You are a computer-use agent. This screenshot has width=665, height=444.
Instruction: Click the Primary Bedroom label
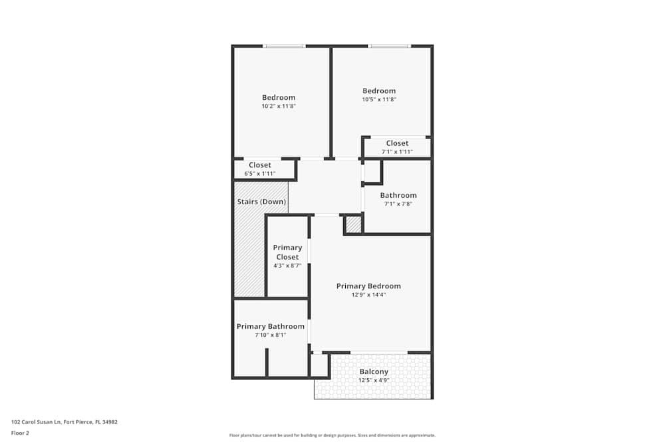tap(368, 286)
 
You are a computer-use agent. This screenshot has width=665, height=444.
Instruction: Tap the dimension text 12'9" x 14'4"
tap(368, 294)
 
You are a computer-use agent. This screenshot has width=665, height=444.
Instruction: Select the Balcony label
tap(374, 371)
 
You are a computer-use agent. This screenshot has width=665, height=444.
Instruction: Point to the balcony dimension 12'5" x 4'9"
tap(374, 380)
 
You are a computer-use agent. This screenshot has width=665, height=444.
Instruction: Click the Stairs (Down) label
tap(261, 202)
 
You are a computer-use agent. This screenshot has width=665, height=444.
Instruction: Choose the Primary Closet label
tap(287, 252)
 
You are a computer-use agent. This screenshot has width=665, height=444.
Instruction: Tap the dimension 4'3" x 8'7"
tap(287, 266)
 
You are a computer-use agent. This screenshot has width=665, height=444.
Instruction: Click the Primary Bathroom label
tap(271, 326)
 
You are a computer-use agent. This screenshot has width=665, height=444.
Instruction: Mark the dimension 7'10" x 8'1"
tap(270, 335)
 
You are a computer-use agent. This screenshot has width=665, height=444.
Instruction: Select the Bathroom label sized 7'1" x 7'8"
tap(398, 195)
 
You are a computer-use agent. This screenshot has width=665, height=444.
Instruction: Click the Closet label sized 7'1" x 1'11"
tap(397, 143)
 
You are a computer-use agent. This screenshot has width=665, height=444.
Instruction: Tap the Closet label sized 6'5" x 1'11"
tap(259, 165)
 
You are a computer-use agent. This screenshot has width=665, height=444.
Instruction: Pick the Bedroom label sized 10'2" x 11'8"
tap(279, 97)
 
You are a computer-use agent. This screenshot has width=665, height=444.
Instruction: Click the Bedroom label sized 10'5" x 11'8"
tap(379, 91)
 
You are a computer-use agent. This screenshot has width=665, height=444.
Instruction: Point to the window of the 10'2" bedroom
tap(284, 46)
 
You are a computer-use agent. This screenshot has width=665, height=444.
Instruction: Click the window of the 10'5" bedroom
tap(390, 46)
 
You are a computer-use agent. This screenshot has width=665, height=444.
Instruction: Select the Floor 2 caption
tap(20, 433)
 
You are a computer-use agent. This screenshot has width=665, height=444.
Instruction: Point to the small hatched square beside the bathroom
tap(354, 225)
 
